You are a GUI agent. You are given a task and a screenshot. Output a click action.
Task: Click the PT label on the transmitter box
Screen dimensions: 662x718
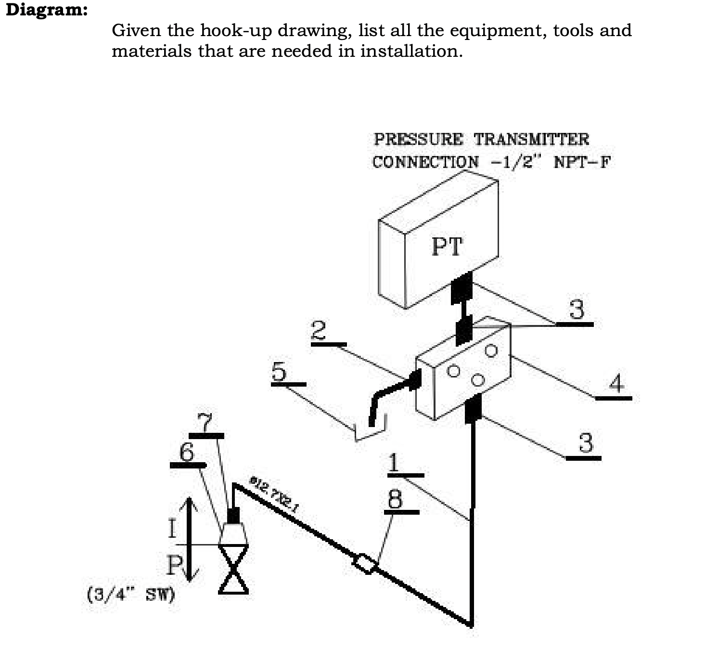point(447,247)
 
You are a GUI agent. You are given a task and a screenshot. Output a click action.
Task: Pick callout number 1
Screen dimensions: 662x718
point(394,462)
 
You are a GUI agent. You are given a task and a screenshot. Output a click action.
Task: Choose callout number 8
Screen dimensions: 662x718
point(395,499)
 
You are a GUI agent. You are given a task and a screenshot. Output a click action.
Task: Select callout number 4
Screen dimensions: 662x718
point(616,383)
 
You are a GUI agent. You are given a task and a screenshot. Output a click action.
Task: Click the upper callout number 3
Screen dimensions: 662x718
point(577,309)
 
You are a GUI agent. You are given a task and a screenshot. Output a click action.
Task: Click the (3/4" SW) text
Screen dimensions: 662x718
point(131,595)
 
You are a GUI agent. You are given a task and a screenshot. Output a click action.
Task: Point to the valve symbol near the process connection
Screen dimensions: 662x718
point(233,568)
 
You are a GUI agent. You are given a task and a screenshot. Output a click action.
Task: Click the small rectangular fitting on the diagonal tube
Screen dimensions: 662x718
point(366,563)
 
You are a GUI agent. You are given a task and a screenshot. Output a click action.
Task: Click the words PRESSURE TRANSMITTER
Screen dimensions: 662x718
point(481,139)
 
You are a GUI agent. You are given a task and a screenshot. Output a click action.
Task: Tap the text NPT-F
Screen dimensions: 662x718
point(581,162)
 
